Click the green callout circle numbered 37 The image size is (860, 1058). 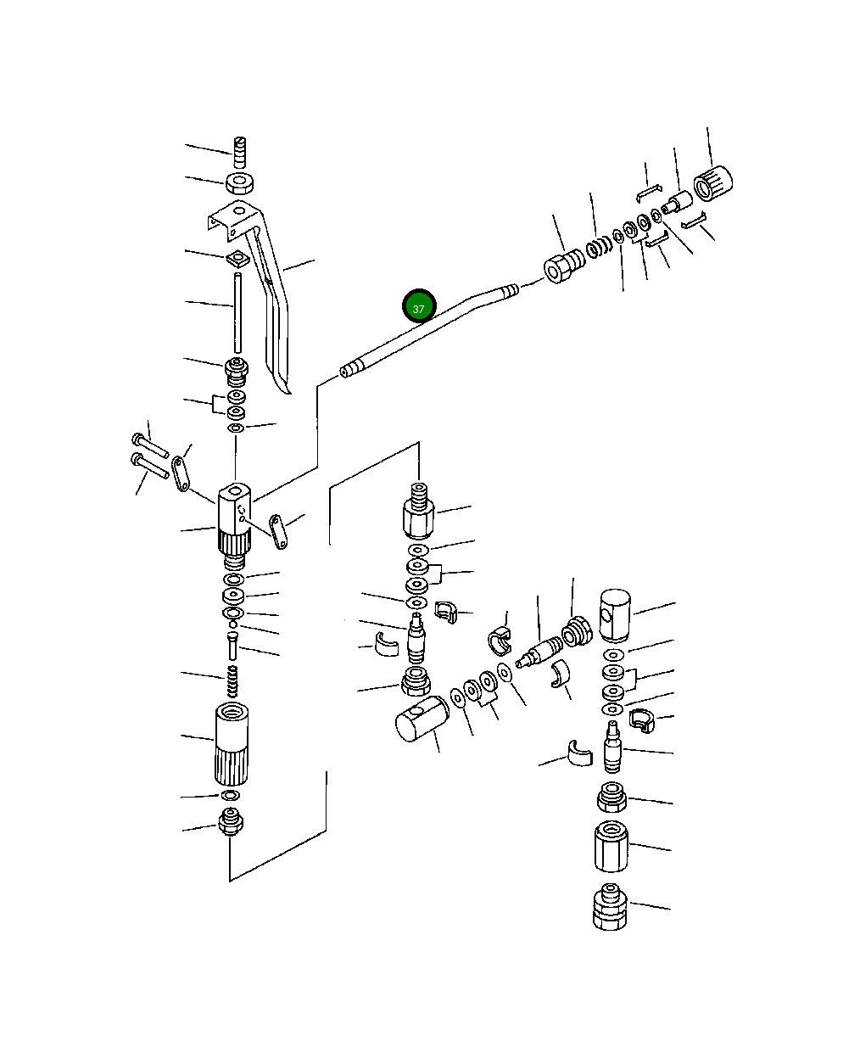click(419, 305)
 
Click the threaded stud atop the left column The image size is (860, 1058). click(240, 153)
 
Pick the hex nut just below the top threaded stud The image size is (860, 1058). click(240, 182)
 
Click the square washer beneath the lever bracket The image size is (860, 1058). click(237, 259)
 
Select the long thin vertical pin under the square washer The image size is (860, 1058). click(237, 313)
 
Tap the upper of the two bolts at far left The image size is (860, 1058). click(150, 445)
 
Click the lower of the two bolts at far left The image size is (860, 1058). click(149, 466)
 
